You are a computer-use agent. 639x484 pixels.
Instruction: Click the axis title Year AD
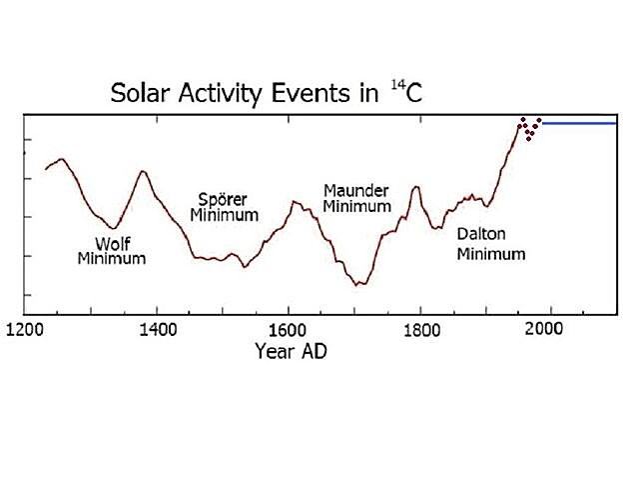pyautogui.click(x=291, y=351)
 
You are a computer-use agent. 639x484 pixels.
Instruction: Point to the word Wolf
pyautogui.click(x=112, y=243)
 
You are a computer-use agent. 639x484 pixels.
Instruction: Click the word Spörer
pyautogui.click(x=223, y=198)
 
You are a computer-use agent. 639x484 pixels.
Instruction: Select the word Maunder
pyautogui.click(x=356, y=190)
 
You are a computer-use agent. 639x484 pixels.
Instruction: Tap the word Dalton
pyautogui.click(x=481, y=235)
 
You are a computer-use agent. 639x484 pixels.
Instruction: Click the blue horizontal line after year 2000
pyautogui.click(x=579, y=122)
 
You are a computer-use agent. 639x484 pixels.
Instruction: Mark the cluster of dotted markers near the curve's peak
pyautogui.click(x=529, y=127)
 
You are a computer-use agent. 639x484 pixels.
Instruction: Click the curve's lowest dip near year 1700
pyautogui.click(x=358, y=285)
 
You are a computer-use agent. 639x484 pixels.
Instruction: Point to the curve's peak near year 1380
pyautogui.click(x=143, y=171)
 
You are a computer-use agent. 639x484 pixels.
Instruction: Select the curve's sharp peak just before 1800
pyautogui.click(x=416, y=187)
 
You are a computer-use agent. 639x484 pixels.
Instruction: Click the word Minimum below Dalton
pyautogui.click(x=491, y=254)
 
